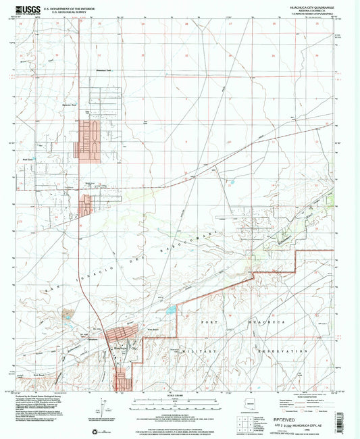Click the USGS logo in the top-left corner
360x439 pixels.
pos(26,9)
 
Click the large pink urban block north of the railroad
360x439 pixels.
pos(89,140)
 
